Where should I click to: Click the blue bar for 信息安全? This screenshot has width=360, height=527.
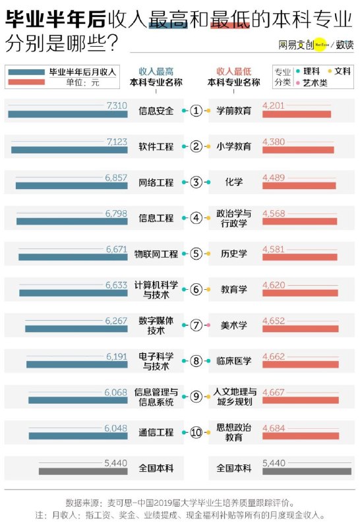click(x=68, y=114)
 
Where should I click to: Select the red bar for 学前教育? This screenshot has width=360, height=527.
click(x=297, y=114)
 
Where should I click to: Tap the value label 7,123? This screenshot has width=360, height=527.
click(x=117, y=142)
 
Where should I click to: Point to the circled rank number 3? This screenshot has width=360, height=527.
click(x=196, y=182)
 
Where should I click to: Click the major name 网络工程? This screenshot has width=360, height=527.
click(x=156, y=182)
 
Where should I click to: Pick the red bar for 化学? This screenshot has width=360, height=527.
click(x=299, y=186)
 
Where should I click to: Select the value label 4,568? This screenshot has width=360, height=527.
click(x=274, y=213)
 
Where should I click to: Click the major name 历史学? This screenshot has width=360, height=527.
click(x=234, y=254)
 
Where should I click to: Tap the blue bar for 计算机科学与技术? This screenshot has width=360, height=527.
click(x=73, y=293)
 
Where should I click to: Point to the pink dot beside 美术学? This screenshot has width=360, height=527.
click(x=208, y=325)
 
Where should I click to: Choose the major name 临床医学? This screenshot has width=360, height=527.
click(x=234, y=361)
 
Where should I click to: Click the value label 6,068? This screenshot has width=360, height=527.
click(x=116, y=392)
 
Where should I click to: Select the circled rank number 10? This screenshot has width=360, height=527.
click(x=196, y=432)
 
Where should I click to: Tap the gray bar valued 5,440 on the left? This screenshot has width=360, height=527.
click(x=83, y=472)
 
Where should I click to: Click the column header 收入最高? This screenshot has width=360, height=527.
click(x=156, y=71)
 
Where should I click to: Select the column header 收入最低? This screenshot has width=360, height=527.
click(x=234, y=71)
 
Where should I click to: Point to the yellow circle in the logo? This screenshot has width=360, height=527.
click(x=320, y=44)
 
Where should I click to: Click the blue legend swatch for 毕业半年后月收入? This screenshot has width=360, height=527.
click(x=26, y=72)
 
